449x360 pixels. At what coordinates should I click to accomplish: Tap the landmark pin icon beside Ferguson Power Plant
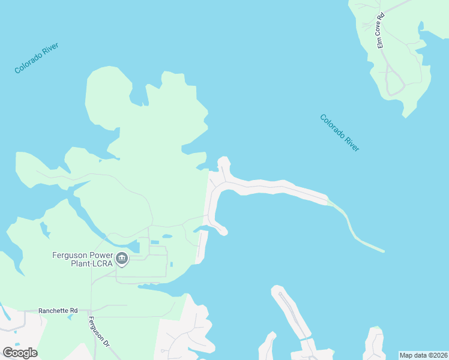click(122, 259)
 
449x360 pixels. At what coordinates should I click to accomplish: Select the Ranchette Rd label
click(58, 310)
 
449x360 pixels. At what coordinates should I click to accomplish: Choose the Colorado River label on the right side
click(340, 133)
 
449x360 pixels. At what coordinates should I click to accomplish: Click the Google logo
click(20, 353)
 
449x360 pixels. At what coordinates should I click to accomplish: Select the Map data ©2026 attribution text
click(423, 355)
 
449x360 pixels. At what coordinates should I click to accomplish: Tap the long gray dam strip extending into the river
click(276, 187)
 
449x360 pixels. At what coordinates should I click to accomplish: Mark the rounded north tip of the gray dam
click(223, 161)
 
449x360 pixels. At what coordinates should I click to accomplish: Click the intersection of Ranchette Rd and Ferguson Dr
click(91, 310)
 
